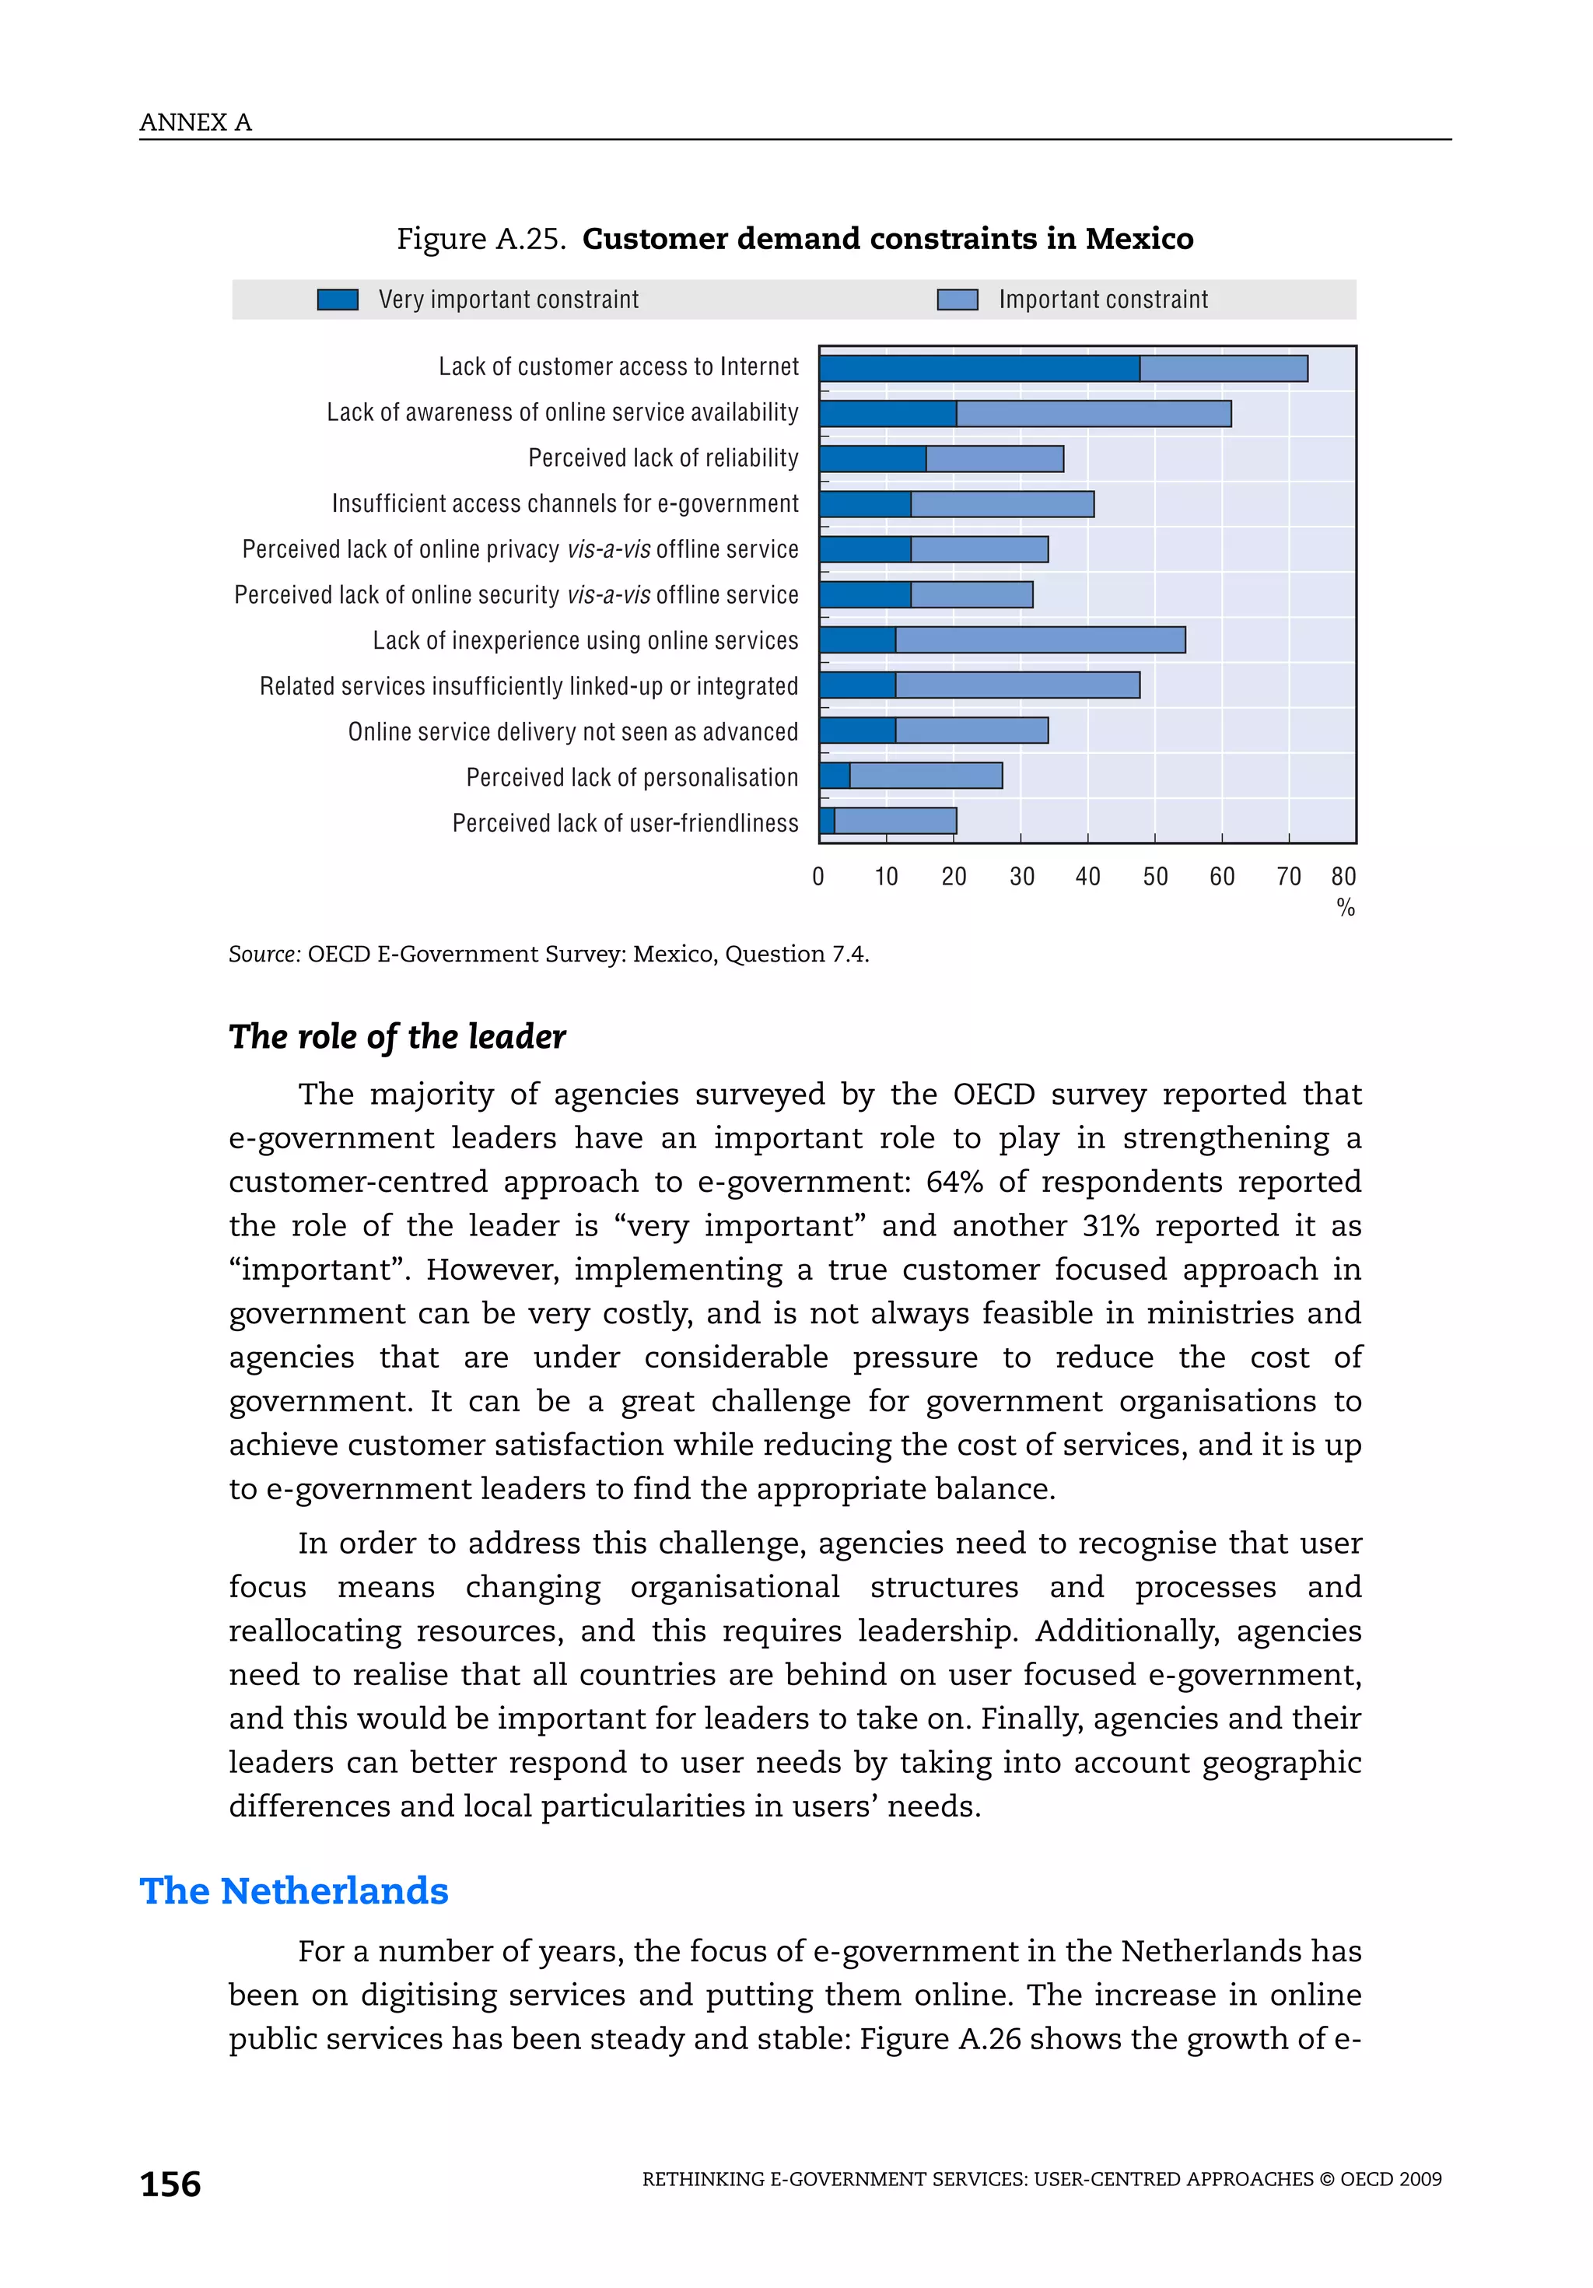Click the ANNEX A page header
coord(195,123)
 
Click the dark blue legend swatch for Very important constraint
coord(337,300)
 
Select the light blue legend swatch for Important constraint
coord(957,300)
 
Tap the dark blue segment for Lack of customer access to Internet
coord(979,369)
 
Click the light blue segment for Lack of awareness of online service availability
coord(1093,414)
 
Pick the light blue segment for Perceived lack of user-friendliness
coord(895,821)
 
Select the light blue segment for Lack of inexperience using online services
coord(1039,639)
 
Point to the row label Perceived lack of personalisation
coord(632,777)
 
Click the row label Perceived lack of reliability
coord(663,457)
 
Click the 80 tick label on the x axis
coord(1343,877)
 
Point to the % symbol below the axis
coord(1345,908)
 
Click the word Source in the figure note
coord(264,955)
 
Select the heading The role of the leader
coord(397,1036)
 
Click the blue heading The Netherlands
coord(294,1890)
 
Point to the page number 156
coord(170,2185)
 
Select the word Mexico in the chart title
coord(1139,239)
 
